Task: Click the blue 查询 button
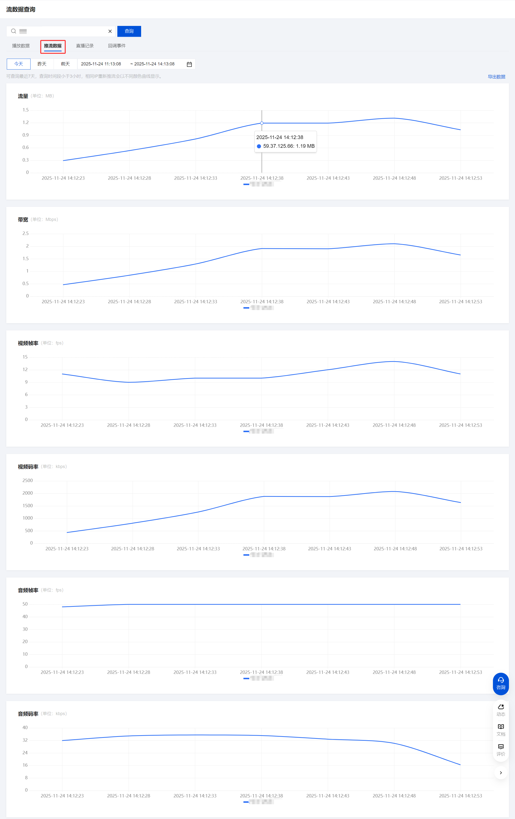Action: click(129, 31)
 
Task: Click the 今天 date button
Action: click(19, 64)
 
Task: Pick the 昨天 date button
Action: click(42, 64)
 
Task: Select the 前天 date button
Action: click(65, 64)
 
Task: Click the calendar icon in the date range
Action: click(189, 64)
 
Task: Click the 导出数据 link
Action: click(496, 77)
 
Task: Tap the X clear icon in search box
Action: click(110, 31)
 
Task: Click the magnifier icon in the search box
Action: click(14, 31)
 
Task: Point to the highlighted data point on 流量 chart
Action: click(262, 123)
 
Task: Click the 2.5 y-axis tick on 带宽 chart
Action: click(25, 233)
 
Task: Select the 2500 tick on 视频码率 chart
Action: click(28, 480)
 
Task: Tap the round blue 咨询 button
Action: click(501, 684)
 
